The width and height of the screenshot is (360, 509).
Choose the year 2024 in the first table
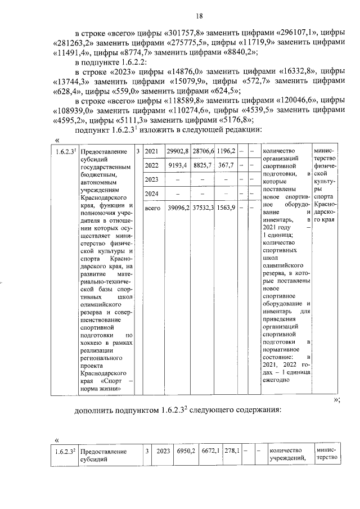pyautogui.click(x=151, y=193)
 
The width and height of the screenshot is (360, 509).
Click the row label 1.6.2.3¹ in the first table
pyautogui.click(x=65, y=152)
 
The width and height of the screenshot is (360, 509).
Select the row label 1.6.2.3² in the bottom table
pyautogui.click(x=65, y=451)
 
